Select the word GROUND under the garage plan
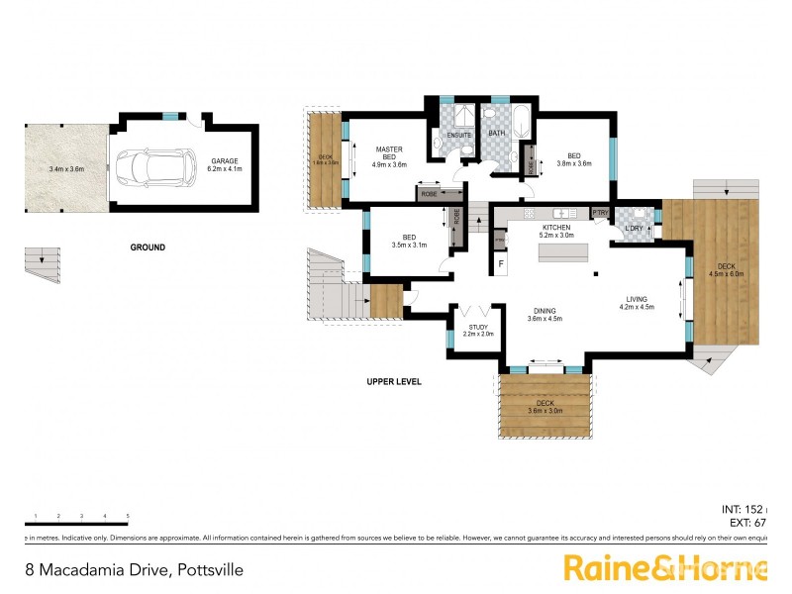pyautogui.click(x=148, y=247)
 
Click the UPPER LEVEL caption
pyautogui.click(x=395, y=381)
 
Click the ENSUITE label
pyautogui.click(x=458, y=135)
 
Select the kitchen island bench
pyautogui.click(x=562, y=252)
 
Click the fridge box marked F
pyautogui.click(x=501, y=263)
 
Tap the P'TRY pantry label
pyautogui.click(x=599, y=212)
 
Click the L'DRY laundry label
pyautogui.click(x=634, y=229)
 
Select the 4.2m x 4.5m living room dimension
pyautogui.click(x=638, y=307)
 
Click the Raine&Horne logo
pyautogui.click(x=665, y=568)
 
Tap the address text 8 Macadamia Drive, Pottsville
pyautogui.click(x=134, y=570)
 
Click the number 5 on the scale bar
pyautogui.click(x=128, y=516)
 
